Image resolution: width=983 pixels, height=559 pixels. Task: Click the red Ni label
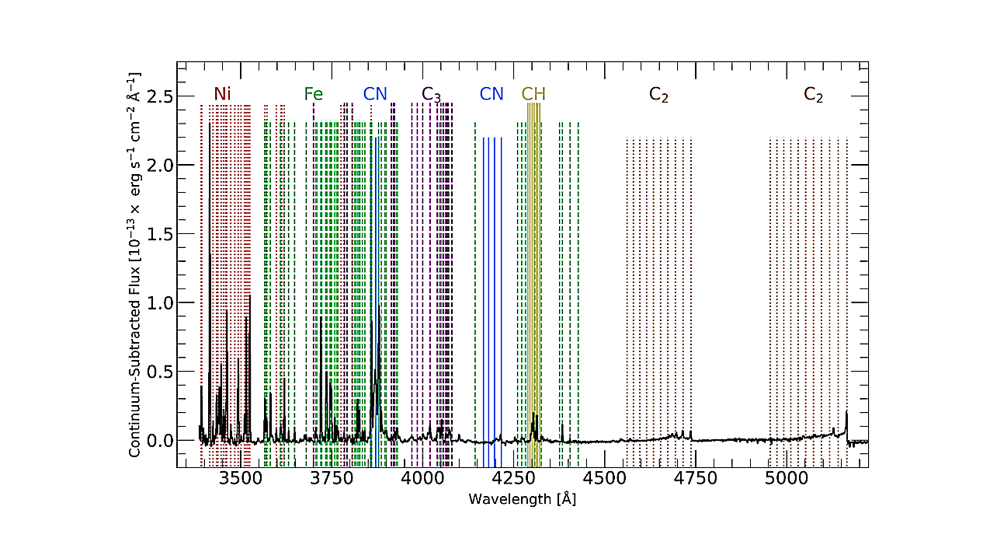[222, 94]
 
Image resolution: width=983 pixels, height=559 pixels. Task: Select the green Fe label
[313, 94]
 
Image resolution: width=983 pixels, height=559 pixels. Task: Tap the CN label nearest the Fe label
[375, 94]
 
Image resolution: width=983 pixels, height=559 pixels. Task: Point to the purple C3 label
[431, 95]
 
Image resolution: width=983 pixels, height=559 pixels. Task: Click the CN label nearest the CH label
[491, 94]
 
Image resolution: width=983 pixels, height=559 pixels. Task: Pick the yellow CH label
[533, 94]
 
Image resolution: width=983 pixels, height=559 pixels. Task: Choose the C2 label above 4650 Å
[658, 95]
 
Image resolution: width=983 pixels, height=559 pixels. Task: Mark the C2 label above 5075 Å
[813, 95]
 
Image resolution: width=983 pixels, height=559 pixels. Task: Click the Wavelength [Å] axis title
[522, 499]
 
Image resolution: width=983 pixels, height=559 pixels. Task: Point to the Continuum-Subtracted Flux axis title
[135, 264]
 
